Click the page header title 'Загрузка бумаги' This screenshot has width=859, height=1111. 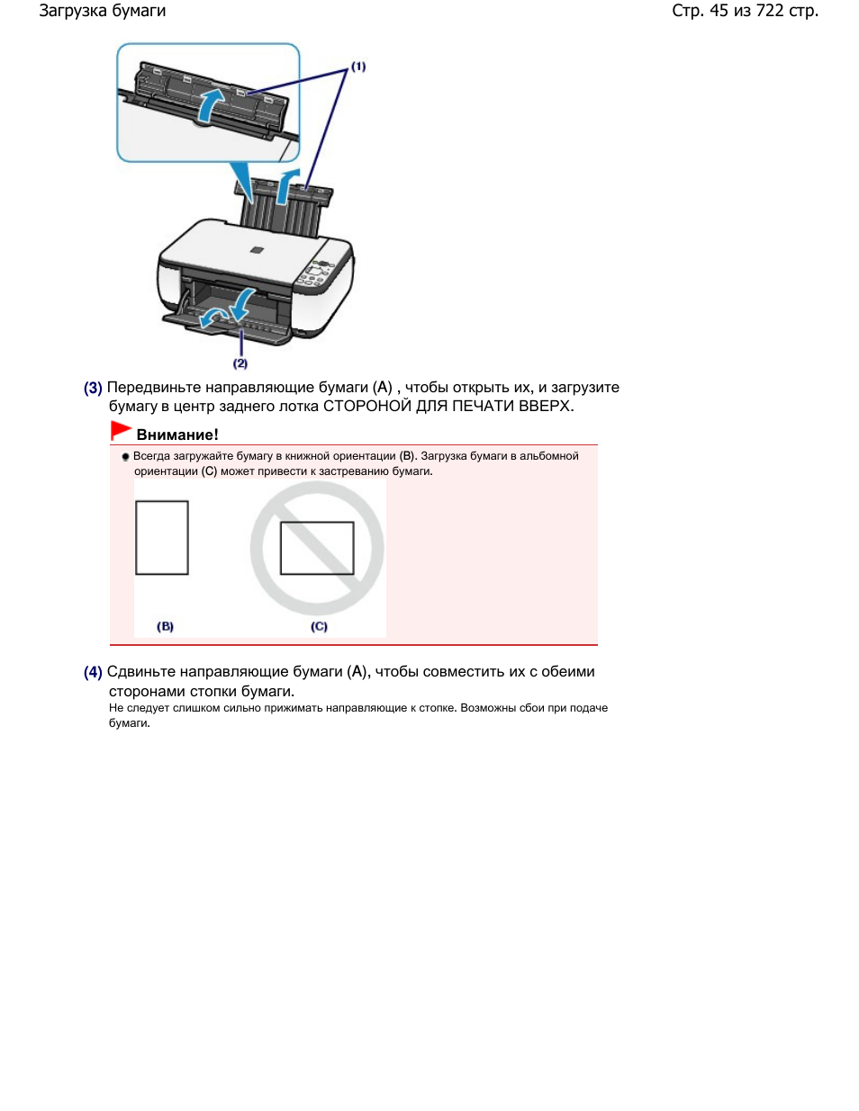102,11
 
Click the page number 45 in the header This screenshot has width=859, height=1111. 719,11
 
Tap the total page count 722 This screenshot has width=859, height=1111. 769,11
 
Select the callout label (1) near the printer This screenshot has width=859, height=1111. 358,67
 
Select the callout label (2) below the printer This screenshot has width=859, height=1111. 240,363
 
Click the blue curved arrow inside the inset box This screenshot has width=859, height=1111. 209,103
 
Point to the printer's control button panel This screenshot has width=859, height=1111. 318,273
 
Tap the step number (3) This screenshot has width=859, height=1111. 93,388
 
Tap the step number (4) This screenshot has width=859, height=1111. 93,672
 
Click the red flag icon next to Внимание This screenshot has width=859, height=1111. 121,431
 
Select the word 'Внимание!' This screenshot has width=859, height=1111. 177,435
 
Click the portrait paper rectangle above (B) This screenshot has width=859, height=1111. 162,537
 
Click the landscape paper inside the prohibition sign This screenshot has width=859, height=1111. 317,548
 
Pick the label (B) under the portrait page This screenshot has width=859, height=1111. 165,626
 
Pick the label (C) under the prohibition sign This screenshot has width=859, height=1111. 319,626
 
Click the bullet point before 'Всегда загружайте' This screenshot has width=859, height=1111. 126,457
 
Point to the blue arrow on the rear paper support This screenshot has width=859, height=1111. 285,184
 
